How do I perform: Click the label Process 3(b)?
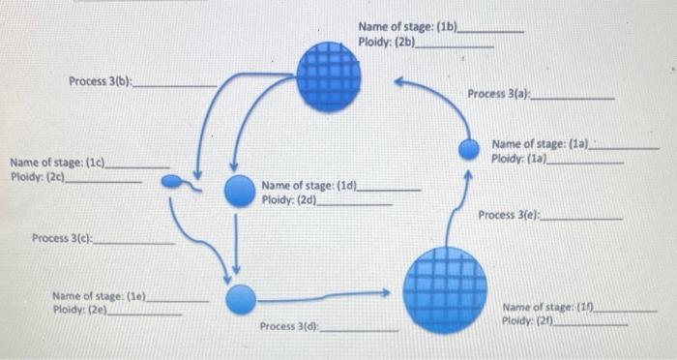click(x=101, y=80)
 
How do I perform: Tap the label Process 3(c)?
click(x=64, y=238)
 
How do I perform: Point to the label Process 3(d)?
click(x=290, y=327)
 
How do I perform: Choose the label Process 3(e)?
click(x=510, y=214)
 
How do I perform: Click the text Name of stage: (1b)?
click(x=408, y=26)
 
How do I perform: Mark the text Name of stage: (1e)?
click(x=100, y=296)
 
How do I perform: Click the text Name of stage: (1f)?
click(x=547, y=308)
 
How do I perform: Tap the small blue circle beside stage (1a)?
click(x=469, y=149)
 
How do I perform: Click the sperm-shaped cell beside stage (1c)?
click(x=175, y=181)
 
